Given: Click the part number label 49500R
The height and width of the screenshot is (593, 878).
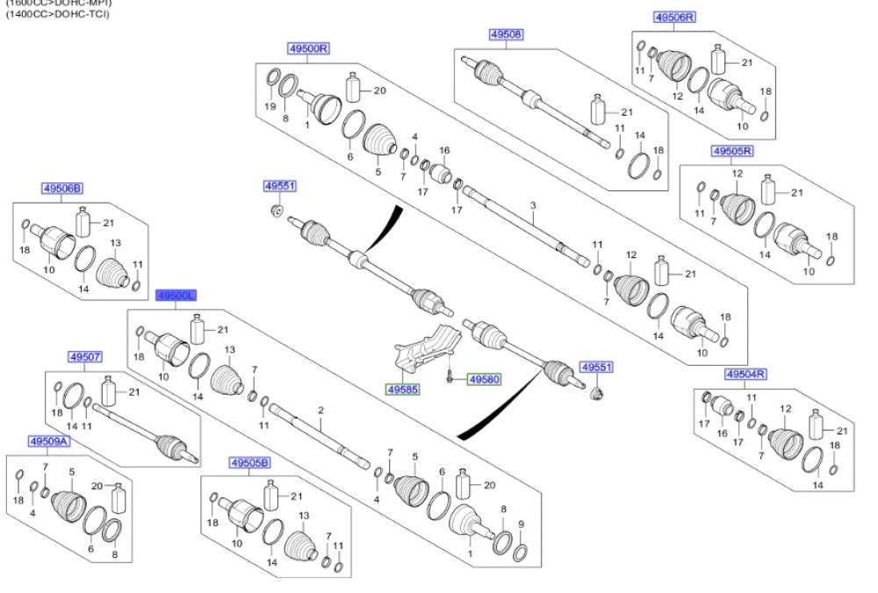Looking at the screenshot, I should point(308,49).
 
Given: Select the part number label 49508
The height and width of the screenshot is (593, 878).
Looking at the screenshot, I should point(506,34).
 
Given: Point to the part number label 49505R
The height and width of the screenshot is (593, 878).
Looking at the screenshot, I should point(732,151).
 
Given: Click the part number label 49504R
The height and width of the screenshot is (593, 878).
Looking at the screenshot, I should point(746,374).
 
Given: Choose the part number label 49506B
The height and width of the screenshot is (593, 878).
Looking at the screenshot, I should point(62,188).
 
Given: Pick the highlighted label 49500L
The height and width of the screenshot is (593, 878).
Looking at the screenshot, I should point(176,296).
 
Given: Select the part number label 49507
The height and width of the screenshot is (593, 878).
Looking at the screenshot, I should point(85,357).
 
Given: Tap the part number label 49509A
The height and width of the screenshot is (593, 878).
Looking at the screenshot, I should point(48,441).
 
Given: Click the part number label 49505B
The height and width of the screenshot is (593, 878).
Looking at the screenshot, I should point(250,462).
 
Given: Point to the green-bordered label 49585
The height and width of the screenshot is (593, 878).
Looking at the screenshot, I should point(404,386).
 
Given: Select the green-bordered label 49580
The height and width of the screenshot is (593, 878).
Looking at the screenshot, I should point(483,380).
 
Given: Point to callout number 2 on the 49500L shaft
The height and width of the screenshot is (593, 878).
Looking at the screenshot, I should point(321,411).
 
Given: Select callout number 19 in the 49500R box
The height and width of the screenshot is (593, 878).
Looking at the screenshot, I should point(270,106).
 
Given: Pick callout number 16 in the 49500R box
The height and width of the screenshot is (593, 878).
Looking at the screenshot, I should point(444,150).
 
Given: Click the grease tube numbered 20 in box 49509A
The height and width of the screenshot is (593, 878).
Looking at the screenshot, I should point(119,499).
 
